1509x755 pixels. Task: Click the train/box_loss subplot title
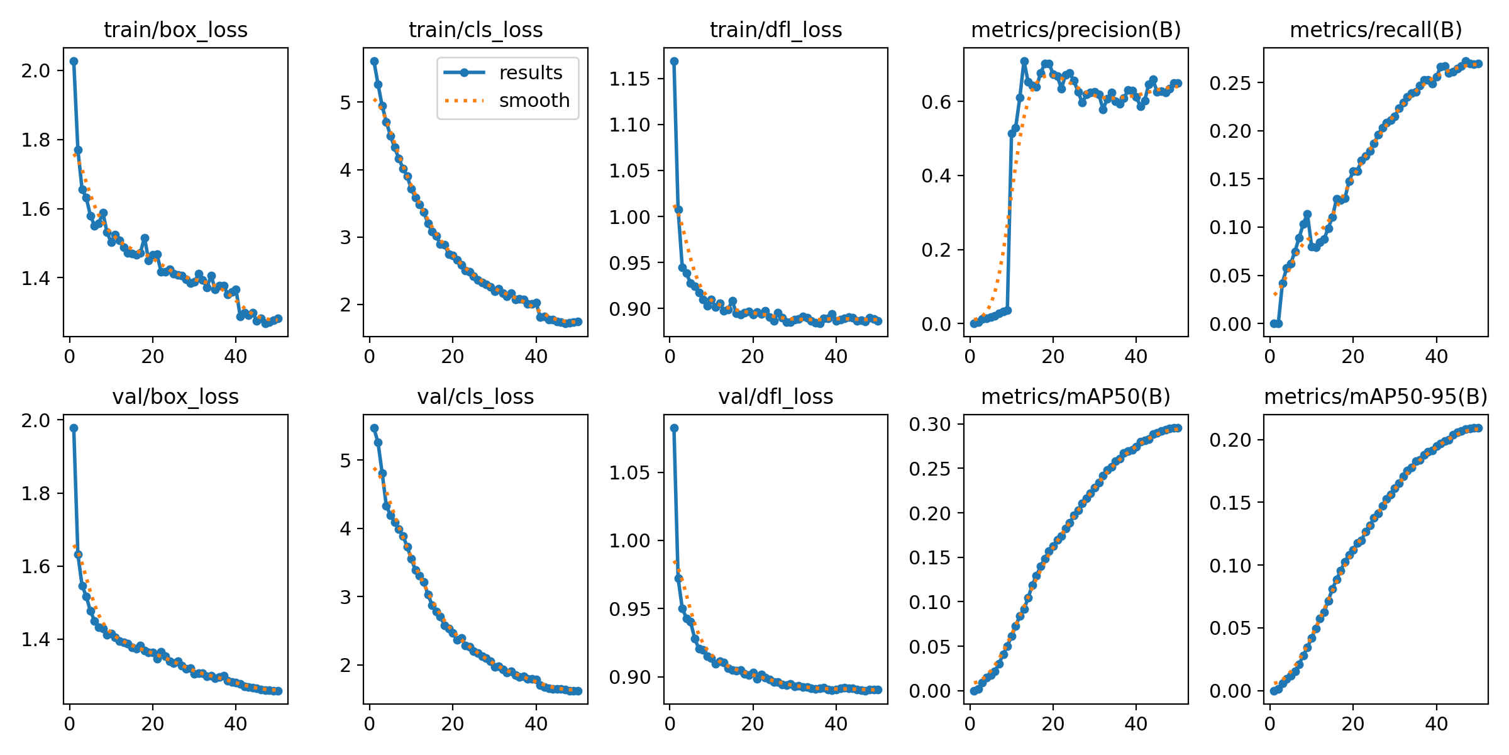[175, 30]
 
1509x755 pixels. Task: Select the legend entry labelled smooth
[534, 101]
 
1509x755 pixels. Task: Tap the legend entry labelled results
[530, 73]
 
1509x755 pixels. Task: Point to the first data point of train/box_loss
[74, 61]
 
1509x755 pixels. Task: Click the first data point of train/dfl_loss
[674, 61]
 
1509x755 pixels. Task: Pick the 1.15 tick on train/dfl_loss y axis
[629, 79]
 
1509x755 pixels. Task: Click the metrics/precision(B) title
[1076, 30]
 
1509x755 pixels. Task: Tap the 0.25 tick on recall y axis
[1230, 83]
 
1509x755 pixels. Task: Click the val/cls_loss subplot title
[475, 396]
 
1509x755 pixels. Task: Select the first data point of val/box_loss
[74, 428]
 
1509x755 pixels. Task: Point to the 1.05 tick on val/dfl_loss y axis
[629, 473]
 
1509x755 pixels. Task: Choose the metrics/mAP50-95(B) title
[1376, 396]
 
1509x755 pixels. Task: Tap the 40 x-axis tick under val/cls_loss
[536, 724]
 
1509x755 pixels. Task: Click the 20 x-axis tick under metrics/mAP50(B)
[1053, 724]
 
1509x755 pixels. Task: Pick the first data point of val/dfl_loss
[674, 428]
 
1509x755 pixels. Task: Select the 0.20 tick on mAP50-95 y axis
[1230, 440]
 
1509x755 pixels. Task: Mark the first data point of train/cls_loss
[374, 61]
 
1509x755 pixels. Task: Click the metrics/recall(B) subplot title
[1376, 30]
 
